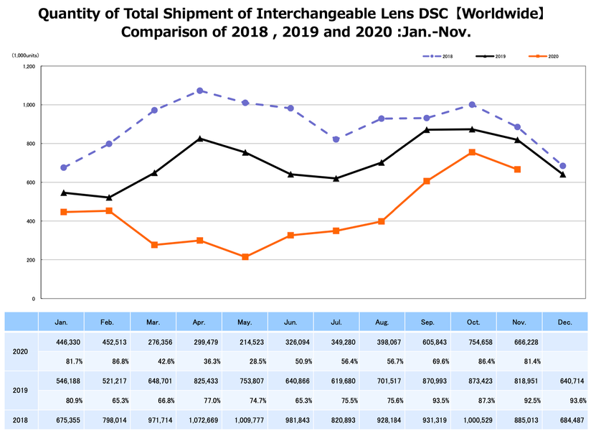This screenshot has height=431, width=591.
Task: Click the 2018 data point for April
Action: [x=200, y=91]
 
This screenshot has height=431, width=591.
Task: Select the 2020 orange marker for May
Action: [x=245, y=256]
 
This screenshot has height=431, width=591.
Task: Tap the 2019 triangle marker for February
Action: [x=109, y=198]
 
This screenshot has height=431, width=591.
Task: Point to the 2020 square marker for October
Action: [x=472, y=152]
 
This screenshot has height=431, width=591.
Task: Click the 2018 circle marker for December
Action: [x=563, y=166]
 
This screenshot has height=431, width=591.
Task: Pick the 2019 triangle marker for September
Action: [x=427, y=130]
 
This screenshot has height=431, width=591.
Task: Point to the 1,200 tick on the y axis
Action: [x=29, y=66]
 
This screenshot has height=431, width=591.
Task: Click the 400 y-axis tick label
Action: [x=30, y=221]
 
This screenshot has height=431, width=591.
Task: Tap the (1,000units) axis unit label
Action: [x=24, y=55]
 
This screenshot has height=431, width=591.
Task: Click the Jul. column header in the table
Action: [x=336, y=323]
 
